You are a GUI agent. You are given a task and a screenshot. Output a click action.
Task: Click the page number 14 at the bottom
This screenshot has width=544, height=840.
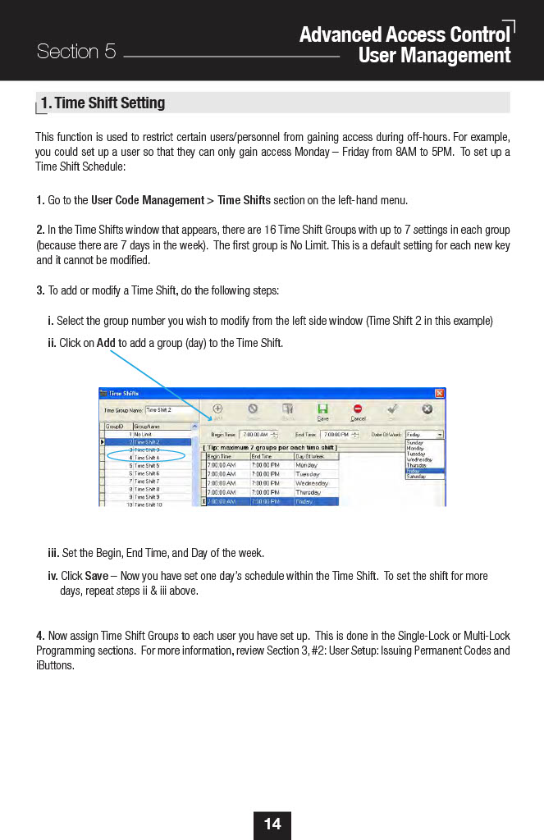272,824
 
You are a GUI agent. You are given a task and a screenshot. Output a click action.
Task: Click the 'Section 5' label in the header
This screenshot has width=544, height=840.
76,52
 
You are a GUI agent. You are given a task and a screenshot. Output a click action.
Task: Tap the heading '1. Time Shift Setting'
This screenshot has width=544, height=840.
103,103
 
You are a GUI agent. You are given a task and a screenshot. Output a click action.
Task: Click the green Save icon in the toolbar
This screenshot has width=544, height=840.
323,410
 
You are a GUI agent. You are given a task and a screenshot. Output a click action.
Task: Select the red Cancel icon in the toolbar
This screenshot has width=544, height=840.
358,410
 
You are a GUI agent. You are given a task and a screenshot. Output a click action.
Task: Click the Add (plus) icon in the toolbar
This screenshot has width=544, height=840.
217,410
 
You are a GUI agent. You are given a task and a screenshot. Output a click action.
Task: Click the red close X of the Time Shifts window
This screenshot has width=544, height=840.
440,393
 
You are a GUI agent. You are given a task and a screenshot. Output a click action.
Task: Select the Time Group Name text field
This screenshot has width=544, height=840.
171,409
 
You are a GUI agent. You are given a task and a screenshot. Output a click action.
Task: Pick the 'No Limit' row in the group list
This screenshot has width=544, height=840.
143,434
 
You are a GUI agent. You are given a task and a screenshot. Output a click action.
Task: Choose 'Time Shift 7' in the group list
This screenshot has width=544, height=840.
148,481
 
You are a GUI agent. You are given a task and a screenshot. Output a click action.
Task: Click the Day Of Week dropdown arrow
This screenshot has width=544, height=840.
441,434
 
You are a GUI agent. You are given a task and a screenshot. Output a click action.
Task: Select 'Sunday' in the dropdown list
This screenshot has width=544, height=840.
416,442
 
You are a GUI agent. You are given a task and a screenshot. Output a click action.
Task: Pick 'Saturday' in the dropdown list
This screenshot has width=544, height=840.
417,477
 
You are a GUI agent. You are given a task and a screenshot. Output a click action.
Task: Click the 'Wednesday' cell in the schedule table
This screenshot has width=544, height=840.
312,483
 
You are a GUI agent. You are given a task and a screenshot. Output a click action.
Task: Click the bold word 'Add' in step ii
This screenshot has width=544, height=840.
105,343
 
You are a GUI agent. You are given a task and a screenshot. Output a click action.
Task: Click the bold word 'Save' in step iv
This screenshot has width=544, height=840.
97,576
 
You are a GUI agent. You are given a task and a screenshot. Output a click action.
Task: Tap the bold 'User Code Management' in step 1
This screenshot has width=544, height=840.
147,200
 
